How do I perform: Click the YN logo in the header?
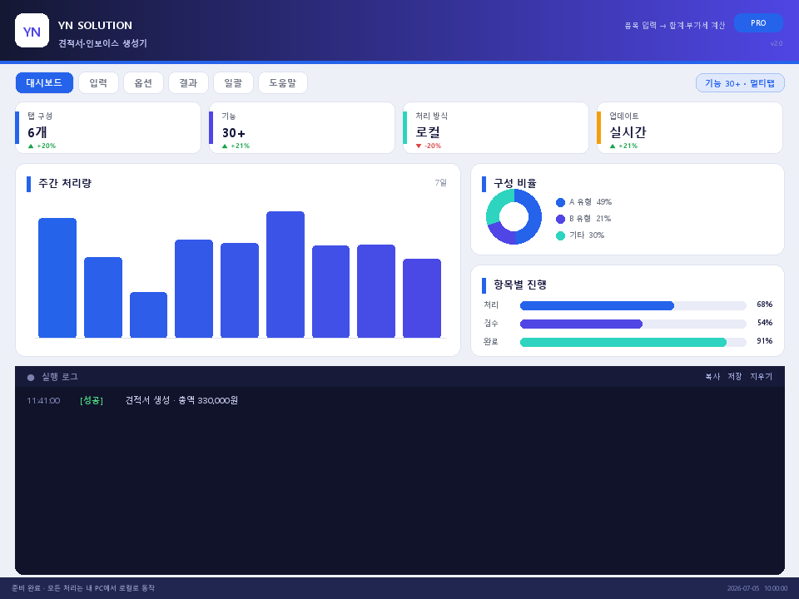coord(32,31)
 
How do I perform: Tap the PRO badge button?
coord(758,23)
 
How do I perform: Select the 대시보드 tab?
coord(44,82)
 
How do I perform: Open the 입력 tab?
coord(98,82)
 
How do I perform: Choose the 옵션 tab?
coord(143,82)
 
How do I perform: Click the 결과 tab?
coord(188,82)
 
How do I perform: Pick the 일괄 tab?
coord(233,82)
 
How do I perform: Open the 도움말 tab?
coord(283,82)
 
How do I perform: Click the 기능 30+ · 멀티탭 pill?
coord(740,83)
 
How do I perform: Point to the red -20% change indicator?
coord(429,146)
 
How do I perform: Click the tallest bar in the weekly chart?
coord(285,274)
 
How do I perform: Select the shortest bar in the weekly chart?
coord(148,314)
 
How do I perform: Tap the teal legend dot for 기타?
coord(560,235)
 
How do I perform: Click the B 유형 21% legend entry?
coord(583,219)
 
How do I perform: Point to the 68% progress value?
coord(764,304)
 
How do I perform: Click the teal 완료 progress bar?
coord(623,342)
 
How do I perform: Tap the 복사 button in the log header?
coord(712,376)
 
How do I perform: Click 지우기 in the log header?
coord(761,376)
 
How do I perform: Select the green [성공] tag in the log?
coord(92,400)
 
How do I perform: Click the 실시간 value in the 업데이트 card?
coord(628,132)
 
